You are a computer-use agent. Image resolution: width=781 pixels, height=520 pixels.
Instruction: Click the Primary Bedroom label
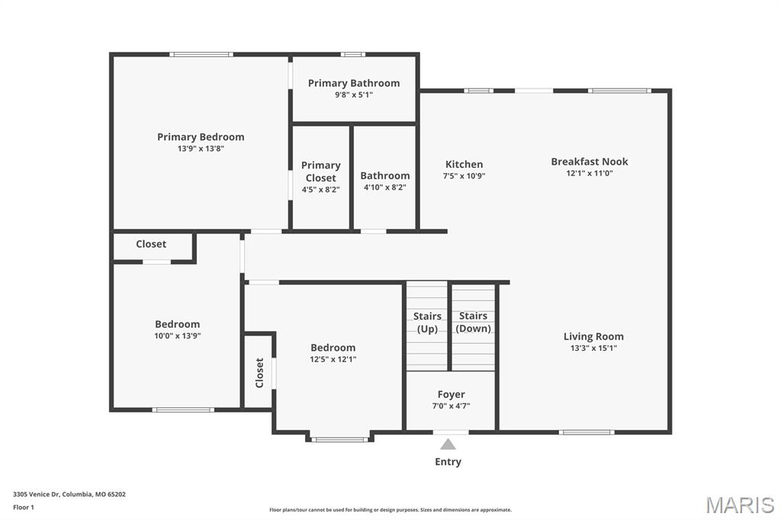pos(201,137)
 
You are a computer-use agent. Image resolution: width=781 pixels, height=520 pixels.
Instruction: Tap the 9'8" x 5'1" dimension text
pos(353,95)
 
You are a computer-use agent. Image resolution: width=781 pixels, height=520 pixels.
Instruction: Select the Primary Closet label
pos(320,172)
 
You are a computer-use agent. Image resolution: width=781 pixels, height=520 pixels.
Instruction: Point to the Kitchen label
pos(464,165)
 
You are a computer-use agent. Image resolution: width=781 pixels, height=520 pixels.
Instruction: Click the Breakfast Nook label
pos(590,162)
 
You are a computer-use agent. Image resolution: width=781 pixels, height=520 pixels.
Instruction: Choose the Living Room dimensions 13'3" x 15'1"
pos(593,348)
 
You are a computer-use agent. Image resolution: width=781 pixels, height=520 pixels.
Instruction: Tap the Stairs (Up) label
pos(427,323)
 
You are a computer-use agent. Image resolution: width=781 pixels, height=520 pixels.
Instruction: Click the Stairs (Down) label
pos(473,323)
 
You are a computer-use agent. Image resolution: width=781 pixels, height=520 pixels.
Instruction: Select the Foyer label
pos(451,394)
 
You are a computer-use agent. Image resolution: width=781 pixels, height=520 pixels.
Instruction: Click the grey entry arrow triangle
pos(448,444)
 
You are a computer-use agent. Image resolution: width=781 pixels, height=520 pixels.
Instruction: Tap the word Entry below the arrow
pos(448,461)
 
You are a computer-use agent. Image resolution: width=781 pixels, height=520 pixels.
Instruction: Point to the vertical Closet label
pos(259,373)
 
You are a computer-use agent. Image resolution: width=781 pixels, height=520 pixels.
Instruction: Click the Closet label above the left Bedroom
pos(151,244)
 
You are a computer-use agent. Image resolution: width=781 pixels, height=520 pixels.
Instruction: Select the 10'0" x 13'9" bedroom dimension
pos(178,335)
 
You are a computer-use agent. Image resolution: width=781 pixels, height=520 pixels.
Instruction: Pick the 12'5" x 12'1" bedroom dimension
pos(333,359)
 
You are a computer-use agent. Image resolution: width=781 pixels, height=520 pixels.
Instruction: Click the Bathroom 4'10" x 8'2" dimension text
pos(384,187)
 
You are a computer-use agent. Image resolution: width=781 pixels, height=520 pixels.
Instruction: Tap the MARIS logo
pos(739,505)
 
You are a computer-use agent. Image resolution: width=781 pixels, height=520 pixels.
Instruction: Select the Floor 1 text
pos(24,507)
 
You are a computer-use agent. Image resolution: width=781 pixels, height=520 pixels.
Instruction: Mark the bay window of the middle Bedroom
pos(339,439)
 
